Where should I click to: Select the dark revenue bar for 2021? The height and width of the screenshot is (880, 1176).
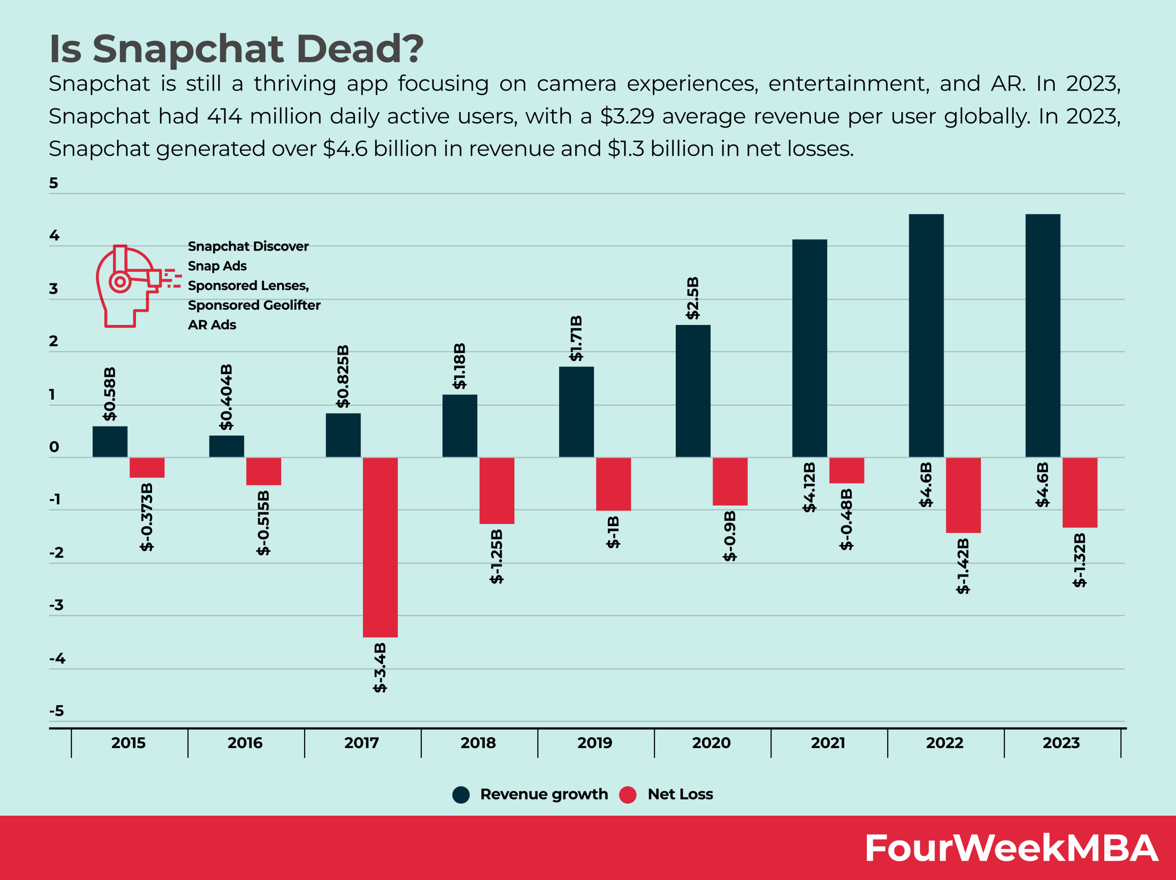pyautogui.click(x=809, y=348)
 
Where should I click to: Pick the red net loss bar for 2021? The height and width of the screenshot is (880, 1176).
pyautogui.click(x=846, y=470)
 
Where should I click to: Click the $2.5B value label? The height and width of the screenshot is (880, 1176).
pyautogui.click(x=693, y=298)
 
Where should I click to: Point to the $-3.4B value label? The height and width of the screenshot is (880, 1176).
pyautogui.click(x=379, y=667)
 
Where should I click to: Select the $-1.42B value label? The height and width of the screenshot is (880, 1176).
pyautogui.click(x=963, y=566)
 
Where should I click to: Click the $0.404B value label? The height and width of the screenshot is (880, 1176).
pyautogui.click(x=226, y=397)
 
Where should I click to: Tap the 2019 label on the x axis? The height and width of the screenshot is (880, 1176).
pyautogui.click(x=594, y=743)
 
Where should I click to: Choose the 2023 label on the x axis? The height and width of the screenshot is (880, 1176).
pyautogui.click(x=1061, y=743)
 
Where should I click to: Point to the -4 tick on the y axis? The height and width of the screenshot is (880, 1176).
pyautogui.click(x=57, y=658)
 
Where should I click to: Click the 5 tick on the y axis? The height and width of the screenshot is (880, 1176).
pyautogui.click(x=54, y=183)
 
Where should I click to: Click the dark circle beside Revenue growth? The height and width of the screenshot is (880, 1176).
pyautogui.click(x=461, y=795)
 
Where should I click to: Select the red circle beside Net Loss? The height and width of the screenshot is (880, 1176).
pyautogui.click(x=628, y=795)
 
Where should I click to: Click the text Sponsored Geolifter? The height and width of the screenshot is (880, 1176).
pyautogui.click(x=254, y=305)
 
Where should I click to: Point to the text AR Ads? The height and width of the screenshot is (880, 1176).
pyautogui.click(x=212, y=325)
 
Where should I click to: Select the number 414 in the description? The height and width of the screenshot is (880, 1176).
pyautogui.click(x=224, y=116)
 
